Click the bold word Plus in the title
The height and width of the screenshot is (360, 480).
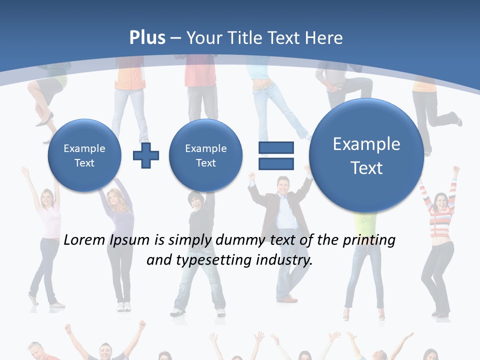(147, 38)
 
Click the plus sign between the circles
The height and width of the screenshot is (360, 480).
(146, 155)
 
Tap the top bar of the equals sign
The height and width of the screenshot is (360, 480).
(275, 148)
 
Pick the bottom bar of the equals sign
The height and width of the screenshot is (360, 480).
(275, 164)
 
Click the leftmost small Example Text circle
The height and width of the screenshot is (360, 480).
(84, 155)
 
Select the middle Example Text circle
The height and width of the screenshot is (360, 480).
(205, 155)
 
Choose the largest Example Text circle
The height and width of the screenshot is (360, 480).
(366, 155)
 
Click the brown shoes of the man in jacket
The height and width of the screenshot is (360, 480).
(289, 299)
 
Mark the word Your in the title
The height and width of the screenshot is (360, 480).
(204, 38)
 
